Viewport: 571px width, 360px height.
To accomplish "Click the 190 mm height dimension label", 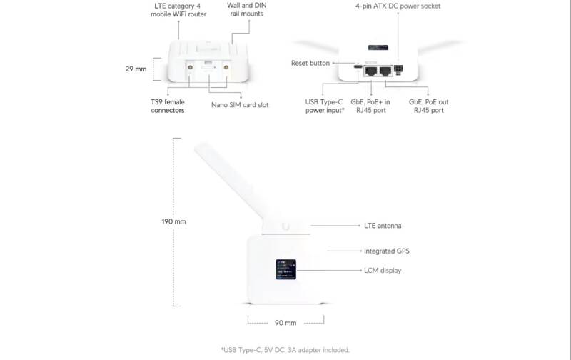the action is (173, 221).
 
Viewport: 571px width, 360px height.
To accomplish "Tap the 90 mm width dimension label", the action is (285, 323).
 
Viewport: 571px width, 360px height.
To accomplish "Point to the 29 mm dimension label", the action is (136, 69).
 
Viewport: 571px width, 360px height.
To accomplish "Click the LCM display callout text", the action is (383, 271).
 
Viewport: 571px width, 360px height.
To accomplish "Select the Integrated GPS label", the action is (386, 251).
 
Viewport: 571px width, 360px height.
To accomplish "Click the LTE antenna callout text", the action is (383, 226).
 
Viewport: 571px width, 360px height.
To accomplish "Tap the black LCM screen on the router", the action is (286, 269).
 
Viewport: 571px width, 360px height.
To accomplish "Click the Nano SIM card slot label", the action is (240, 105).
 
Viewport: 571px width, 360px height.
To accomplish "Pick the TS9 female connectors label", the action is (168, 106).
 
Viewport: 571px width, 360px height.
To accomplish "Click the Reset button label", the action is (310, 63).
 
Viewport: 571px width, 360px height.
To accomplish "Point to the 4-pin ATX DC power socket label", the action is (398, 6).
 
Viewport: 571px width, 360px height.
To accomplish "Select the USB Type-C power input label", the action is (325, 106).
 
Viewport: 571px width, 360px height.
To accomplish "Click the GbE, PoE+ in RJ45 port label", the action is (370, 106).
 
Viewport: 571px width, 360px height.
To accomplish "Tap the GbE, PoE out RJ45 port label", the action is (429, 106).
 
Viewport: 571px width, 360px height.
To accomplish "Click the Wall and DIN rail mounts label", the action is (246, 9).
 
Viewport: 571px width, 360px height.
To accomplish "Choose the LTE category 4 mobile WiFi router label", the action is (178, 10).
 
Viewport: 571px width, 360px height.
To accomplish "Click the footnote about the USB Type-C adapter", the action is (285, 350).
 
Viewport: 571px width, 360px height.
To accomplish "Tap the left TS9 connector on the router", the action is (190, 67).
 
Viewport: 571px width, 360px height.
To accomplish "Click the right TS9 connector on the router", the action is (226, 67).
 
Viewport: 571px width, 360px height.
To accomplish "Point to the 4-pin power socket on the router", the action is (398, 69).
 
